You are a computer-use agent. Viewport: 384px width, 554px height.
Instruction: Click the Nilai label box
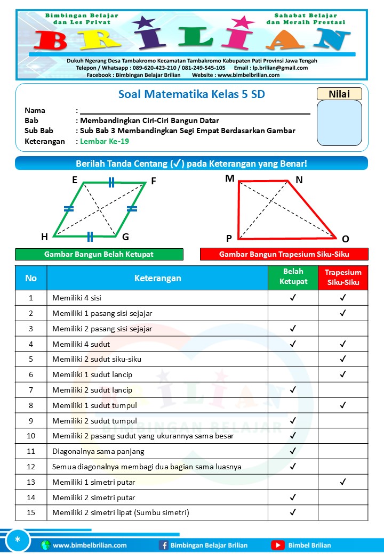[x=339, y=94]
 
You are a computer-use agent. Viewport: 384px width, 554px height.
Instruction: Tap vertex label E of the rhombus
[x=75, y=180]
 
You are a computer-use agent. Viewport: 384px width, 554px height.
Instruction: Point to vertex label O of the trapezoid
[x=345, y=239]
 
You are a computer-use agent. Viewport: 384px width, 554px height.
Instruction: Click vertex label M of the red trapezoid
[x=230, y=178]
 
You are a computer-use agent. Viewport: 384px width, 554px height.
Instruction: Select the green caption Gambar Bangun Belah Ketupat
[x=99, y=254]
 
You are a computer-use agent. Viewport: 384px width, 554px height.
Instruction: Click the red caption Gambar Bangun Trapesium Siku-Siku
[x=284, y=254]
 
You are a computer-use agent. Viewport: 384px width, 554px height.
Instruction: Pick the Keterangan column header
[x=157, y=278]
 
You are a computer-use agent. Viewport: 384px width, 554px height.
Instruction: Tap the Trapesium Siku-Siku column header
[x=343, y=277]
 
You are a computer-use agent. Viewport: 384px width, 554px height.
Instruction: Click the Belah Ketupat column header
[x=293, y=277]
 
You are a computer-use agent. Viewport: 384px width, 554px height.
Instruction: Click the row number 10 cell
[x=31, y=436]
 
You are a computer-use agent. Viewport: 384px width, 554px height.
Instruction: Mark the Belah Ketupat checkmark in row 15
[x=293, y=512]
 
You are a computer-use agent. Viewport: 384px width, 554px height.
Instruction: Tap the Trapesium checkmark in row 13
[x=343, y=482]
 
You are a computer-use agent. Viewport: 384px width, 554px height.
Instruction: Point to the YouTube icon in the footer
[x=277, y=545]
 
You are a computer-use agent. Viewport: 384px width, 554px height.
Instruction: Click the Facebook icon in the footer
[x=164, y=545]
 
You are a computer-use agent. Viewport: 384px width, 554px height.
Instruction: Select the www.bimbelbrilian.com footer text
[x=90, y=545]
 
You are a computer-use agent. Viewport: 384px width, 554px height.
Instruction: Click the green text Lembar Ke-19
[x=105, y=141]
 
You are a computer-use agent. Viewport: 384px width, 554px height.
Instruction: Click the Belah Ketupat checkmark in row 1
[x=293, y=298]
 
